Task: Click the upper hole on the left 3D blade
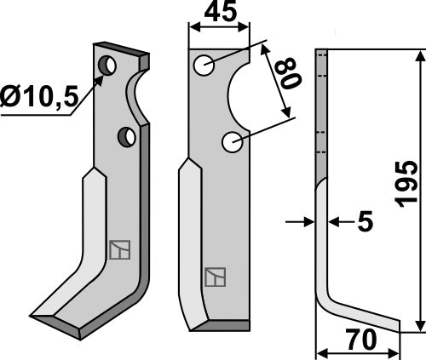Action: point(107,65)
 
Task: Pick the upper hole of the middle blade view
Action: point(204,66)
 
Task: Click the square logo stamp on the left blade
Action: point(118,249)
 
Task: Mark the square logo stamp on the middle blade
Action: point(213,277)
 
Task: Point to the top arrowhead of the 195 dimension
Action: point(420,55)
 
